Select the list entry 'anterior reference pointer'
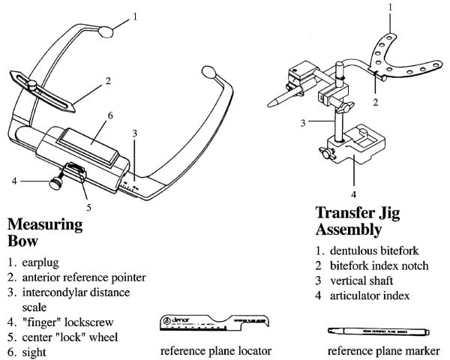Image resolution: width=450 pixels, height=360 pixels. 83,277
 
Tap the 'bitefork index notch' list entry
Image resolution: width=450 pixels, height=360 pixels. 373,265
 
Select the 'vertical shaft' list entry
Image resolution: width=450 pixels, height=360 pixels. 358,280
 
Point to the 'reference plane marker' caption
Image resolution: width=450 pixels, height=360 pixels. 384,350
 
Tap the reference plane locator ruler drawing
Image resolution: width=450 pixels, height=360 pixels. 208,322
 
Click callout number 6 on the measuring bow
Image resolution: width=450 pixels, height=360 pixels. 109,115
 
